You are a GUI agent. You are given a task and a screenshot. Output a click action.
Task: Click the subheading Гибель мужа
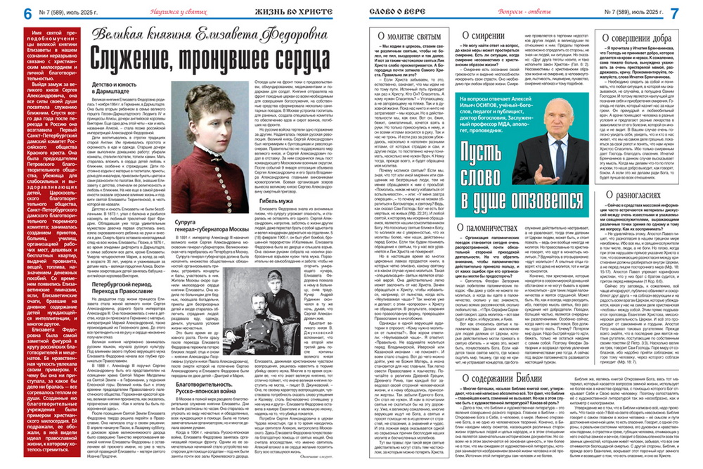click(x=278, y=181)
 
